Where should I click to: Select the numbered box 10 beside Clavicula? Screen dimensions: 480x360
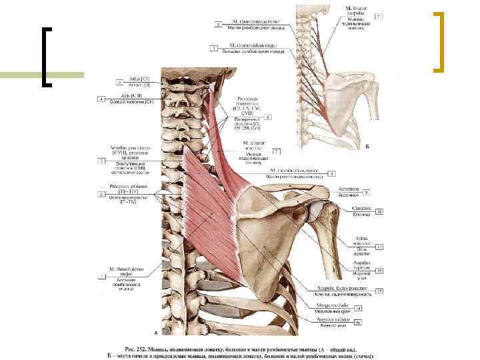pos(379,212)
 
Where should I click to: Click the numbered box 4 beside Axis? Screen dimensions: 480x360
pos(101,99)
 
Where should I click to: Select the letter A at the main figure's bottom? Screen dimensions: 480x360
pos(156,331)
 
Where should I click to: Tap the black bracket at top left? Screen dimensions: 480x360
pos(45,57)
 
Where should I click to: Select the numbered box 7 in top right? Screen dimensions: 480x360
pos(378,15)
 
